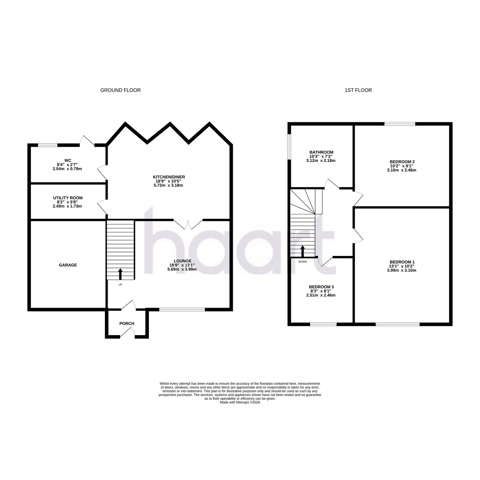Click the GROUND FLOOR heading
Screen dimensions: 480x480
point(120,90)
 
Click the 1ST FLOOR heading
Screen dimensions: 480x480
point(358,90)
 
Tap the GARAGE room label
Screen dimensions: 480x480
point(68,265)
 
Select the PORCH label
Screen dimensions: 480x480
point(127,323)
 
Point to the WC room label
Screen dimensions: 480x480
point(68,160)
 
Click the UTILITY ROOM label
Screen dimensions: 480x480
point(68,198)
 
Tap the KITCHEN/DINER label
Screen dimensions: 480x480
point(169,177)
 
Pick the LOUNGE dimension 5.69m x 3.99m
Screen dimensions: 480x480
point(182,269)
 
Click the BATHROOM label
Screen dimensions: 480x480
point(321,152)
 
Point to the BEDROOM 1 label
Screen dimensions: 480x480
point(402,262)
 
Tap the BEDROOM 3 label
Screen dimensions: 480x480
point(321,287)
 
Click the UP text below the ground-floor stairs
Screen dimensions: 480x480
point(120,284)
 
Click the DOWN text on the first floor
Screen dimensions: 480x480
point(303,262)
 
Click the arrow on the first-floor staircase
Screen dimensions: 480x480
point(303,251)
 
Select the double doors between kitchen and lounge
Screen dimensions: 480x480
point(188,224)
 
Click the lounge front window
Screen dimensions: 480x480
point(182,309)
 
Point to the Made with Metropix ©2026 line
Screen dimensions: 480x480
point(240,402)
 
